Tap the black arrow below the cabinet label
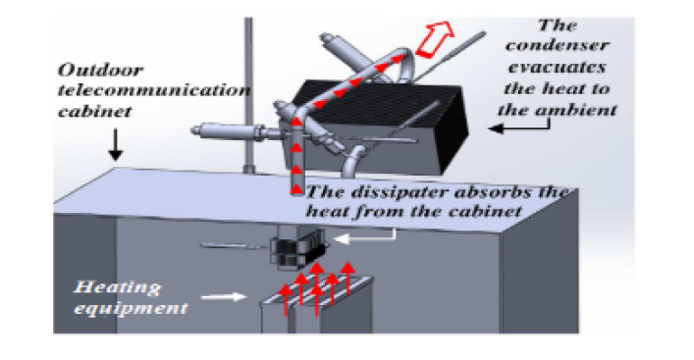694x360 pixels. [115, 145]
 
